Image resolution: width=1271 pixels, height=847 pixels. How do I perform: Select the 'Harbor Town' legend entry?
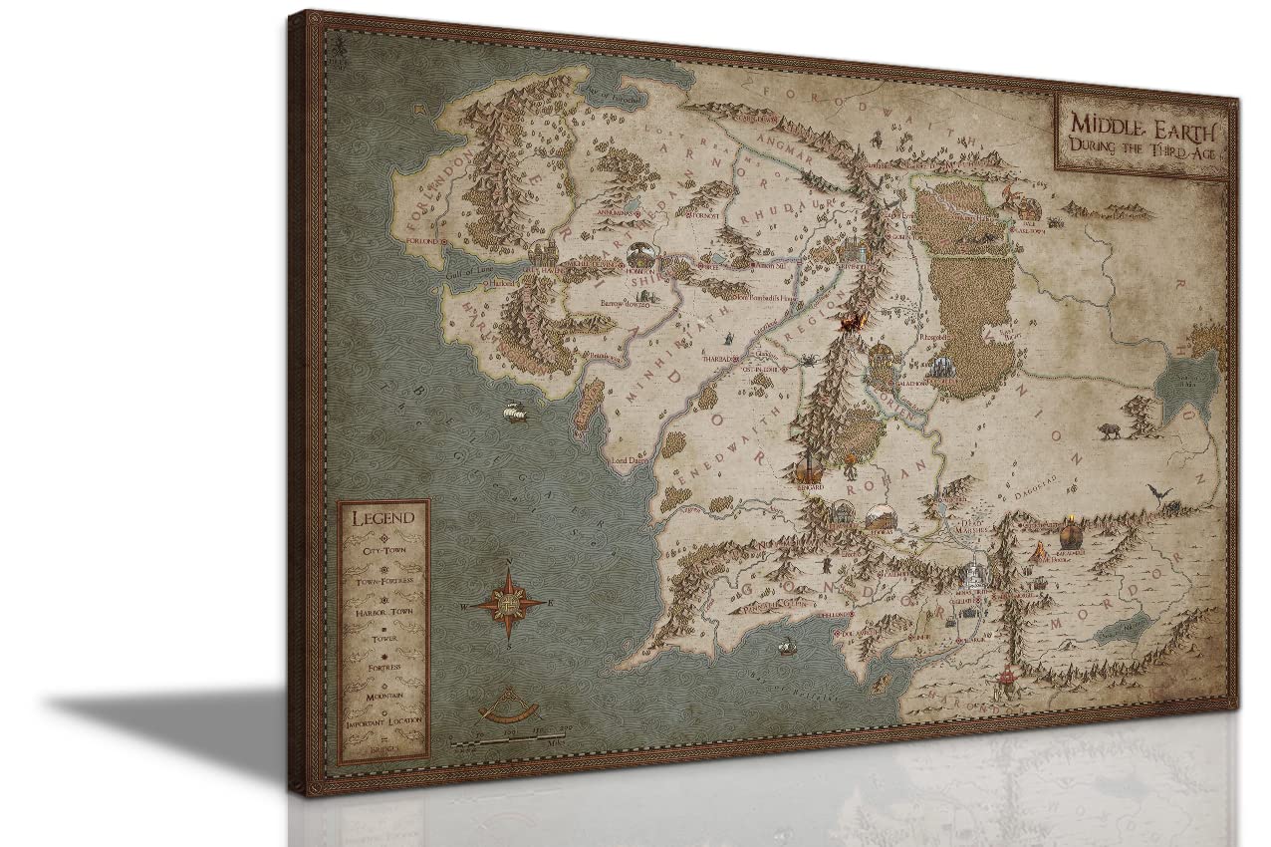[x=382, y=610]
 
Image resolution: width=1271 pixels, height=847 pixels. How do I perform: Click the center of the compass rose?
[x=508, y=605]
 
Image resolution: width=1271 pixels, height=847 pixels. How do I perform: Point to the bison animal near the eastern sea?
[x=1108, y=430]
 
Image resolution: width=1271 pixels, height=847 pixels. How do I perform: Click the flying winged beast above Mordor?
[x=1158, y=492]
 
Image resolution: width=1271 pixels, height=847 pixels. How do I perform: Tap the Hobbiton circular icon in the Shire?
[x=639, y=255]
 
